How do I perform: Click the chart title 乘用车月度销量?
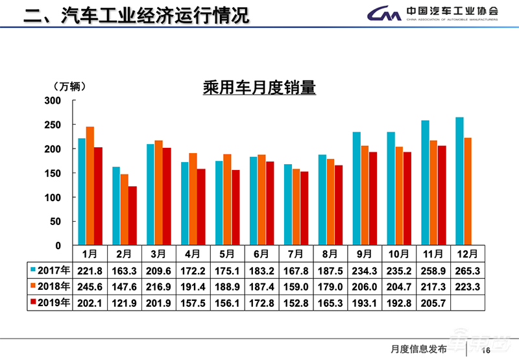pos(259,87)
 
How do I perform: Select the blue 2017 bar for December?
pos(459,181)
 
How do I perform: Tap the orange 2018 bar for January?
pos(90,186)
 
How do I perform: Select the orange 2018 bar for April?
pos(193,198)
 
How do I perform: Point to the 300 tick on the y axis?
pos(52,101)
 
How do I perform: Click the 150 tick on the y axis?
pos(52,173)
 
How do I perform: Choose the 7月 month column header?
pos(295,253)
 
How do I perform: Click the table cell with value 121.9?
pos(124,302)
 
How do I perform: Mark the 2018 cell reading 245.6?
pos(90,285)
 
